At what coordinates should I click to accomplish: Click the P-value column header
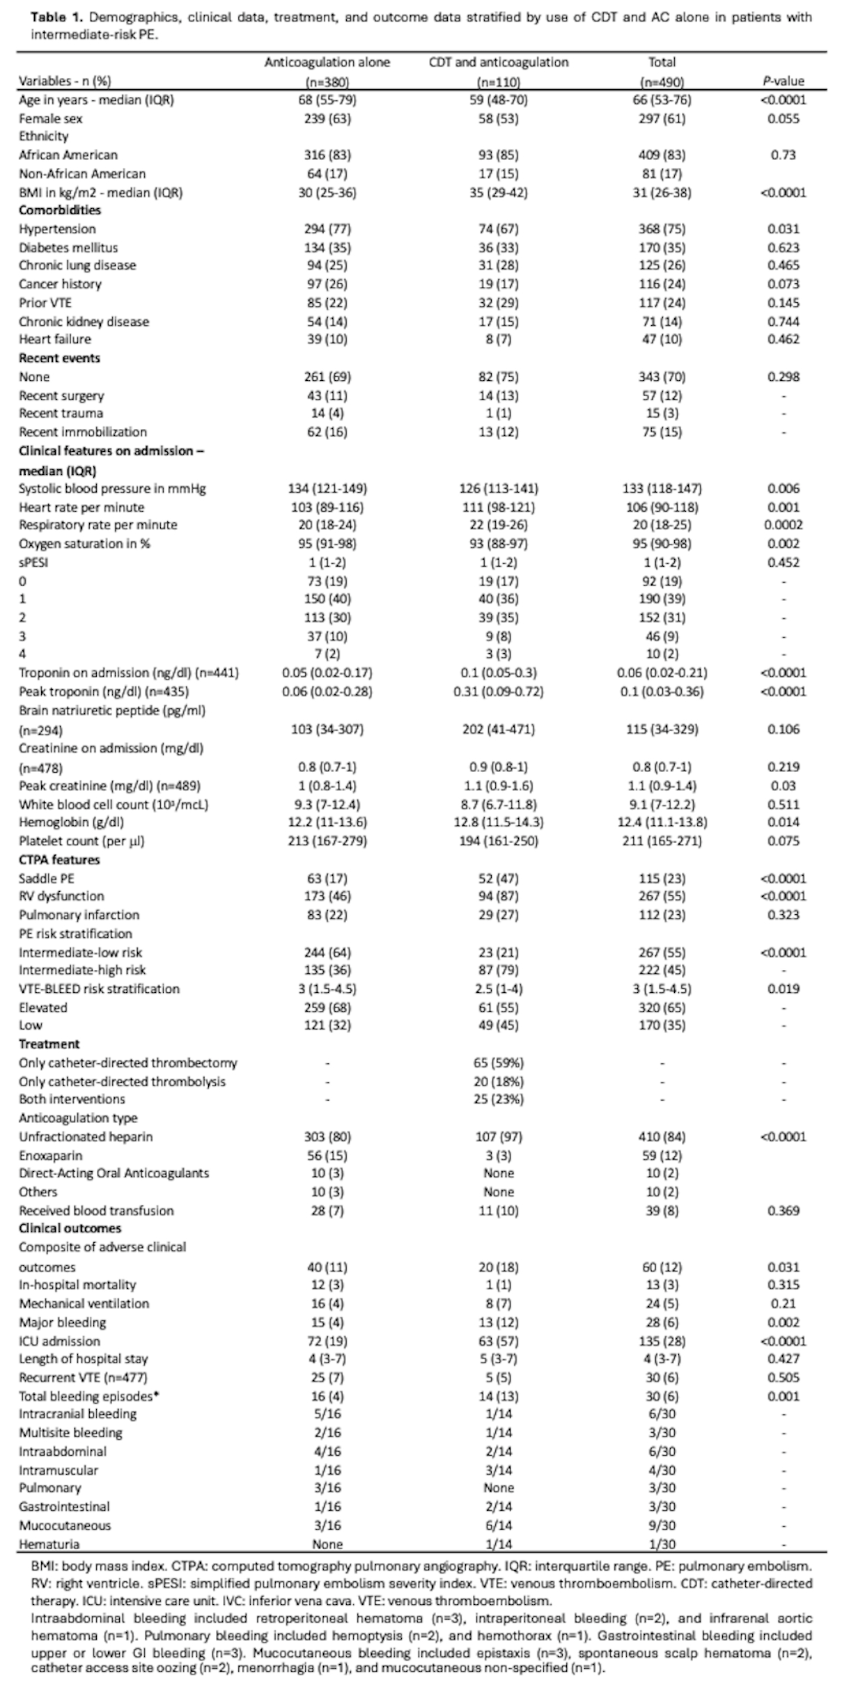click(x=783, y=81)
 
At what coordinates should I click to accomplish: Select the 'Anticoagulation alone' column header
click(x=327, y=63)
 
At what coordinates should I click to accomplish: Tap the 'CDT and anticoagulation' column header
click(x=498, y=63)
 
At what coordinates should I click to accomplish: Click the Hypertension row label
click(x=57, y=229)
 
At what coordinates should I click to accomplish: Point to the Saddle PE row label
click(x=47, y=878)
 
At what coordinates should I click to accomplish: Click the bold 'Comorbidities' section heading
click(x=60, y=210)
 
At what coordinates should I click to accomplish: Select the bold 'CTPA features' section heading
click(x=59, y=859)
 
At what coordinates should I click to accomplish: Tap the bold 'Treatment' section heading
click(x=49, y=1044)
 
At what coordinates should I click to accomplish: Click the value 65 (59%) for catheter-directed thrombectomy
click(x=498, y=1063)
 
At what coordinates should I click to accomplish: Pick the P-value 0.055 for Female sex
click(x=783, y=118)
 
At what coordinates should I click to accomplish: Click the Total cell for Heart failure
click(x=662, y=340)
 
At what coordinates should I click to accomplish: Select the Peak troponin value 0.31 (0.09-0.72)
click(x=498, y=691)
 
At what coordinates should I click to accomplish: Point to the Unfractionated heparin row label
click(x=86, y=1137)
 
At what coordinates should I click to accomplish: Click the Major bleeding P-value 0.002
click(x=783, y=1322)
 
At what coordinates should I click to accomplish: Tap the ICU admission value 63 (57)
click(x=498, y=1341)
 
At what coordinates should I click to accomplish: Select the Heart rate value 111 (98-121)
click(x=498, y=507)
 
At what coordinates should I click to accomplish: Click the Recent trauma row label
click(x=61, y=414)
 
